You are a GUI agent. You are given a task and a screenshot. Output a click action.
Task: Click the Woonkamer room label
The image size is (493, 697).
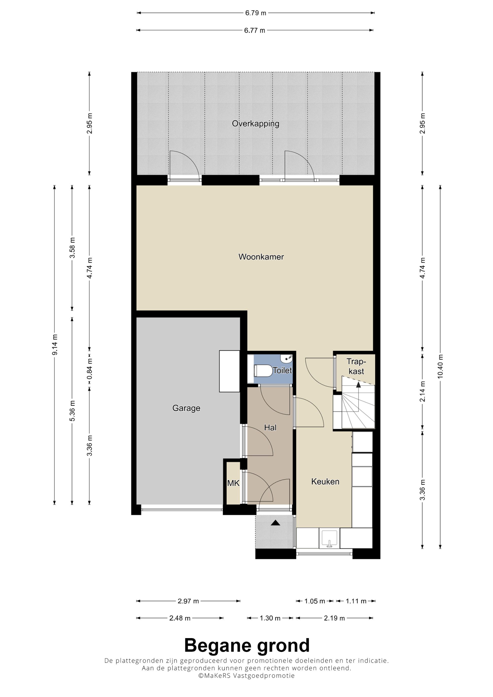(261, 257)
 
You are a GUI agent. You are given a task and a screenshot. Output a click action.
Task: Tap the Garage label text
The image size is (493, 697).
(186, 408)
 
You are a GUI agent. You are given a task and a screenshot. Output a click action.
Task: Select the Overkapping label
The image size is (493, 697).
(255, 124)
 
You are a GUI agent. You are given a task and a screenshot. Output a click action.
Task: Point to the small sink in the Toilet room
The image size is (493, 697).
(287, 359)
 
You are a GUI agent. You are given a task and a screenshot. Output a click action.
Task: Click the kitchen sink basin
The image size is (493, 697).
(329, 539)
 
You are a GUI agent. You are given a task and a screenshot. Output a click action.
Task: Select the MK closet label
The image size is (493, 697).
(233, 483)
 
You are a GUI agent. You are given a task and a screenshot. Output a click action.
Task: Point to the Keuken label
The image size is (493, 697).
(325, 481)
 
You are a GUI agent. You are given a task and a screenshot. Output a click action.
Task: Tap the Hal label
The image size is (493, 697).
(270, 427)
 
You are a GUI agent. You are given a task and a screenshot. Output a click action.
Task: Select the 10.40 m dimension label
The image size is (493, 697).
(440, 366)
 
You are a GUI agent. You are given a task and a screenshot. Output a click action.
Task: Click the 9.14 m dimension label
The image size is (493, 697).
(55, 345)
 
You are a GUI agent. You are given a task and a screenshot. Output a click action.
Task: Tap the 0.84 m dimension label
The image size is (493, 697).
(90, 369)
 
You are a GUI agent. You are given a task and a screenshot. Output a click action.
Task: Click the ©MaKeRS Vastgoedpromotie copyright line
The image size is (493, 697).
(246, 675)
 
